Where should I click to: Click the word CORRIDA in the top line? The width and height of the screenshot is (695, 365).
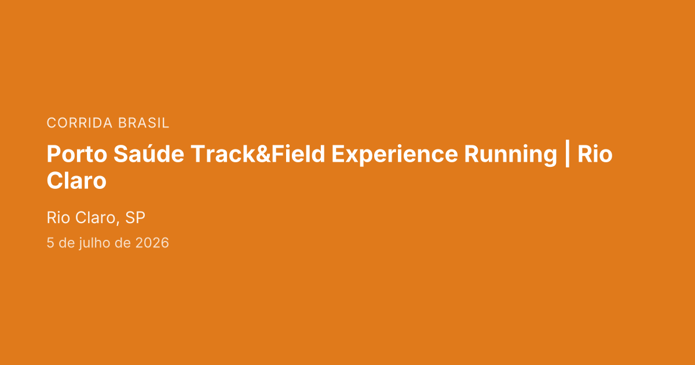pos(79,123)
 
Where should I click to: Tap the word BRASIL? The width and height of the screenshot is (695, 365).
pos(144,123)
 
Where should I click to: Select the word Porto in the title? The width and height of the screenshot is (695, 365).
pos(77,154)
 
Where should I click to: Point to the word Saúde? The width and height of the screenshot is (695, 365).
pos(149,154)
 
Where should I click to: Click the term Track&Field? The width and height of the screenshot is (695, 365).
pos(258,154)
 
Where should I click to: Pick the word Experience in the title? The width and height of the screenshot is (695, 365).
pos(394,155)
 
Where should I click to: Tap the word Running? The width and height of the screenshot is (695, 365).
pos(511,155)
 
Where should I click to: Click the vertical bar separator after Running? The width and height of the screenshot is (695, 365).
pos(568,154)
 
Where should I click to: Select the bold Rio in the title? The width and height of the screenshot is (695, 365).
pos(595,154)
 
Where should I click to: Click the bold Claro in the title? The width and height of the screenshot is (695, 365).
pos(76,181)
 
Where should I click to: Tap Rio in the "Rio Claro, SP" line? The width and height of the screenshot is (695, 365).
pos(58,217)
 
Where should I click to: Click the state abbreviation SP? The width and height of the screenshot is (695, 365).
pos(135,217)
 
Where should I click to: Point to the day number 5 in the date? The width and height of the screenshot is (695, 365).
pos(50,243)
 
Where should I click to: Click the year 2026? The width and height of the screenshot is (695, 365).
pos(152,243)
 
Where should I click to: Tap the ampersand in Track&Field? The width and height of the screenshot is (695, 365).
pos(263,154)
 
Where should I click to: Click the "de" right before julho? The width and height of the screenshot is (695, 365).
pos(66,243)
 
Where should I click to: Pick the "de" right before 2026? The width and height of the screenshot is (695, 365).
pos(122,243)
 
